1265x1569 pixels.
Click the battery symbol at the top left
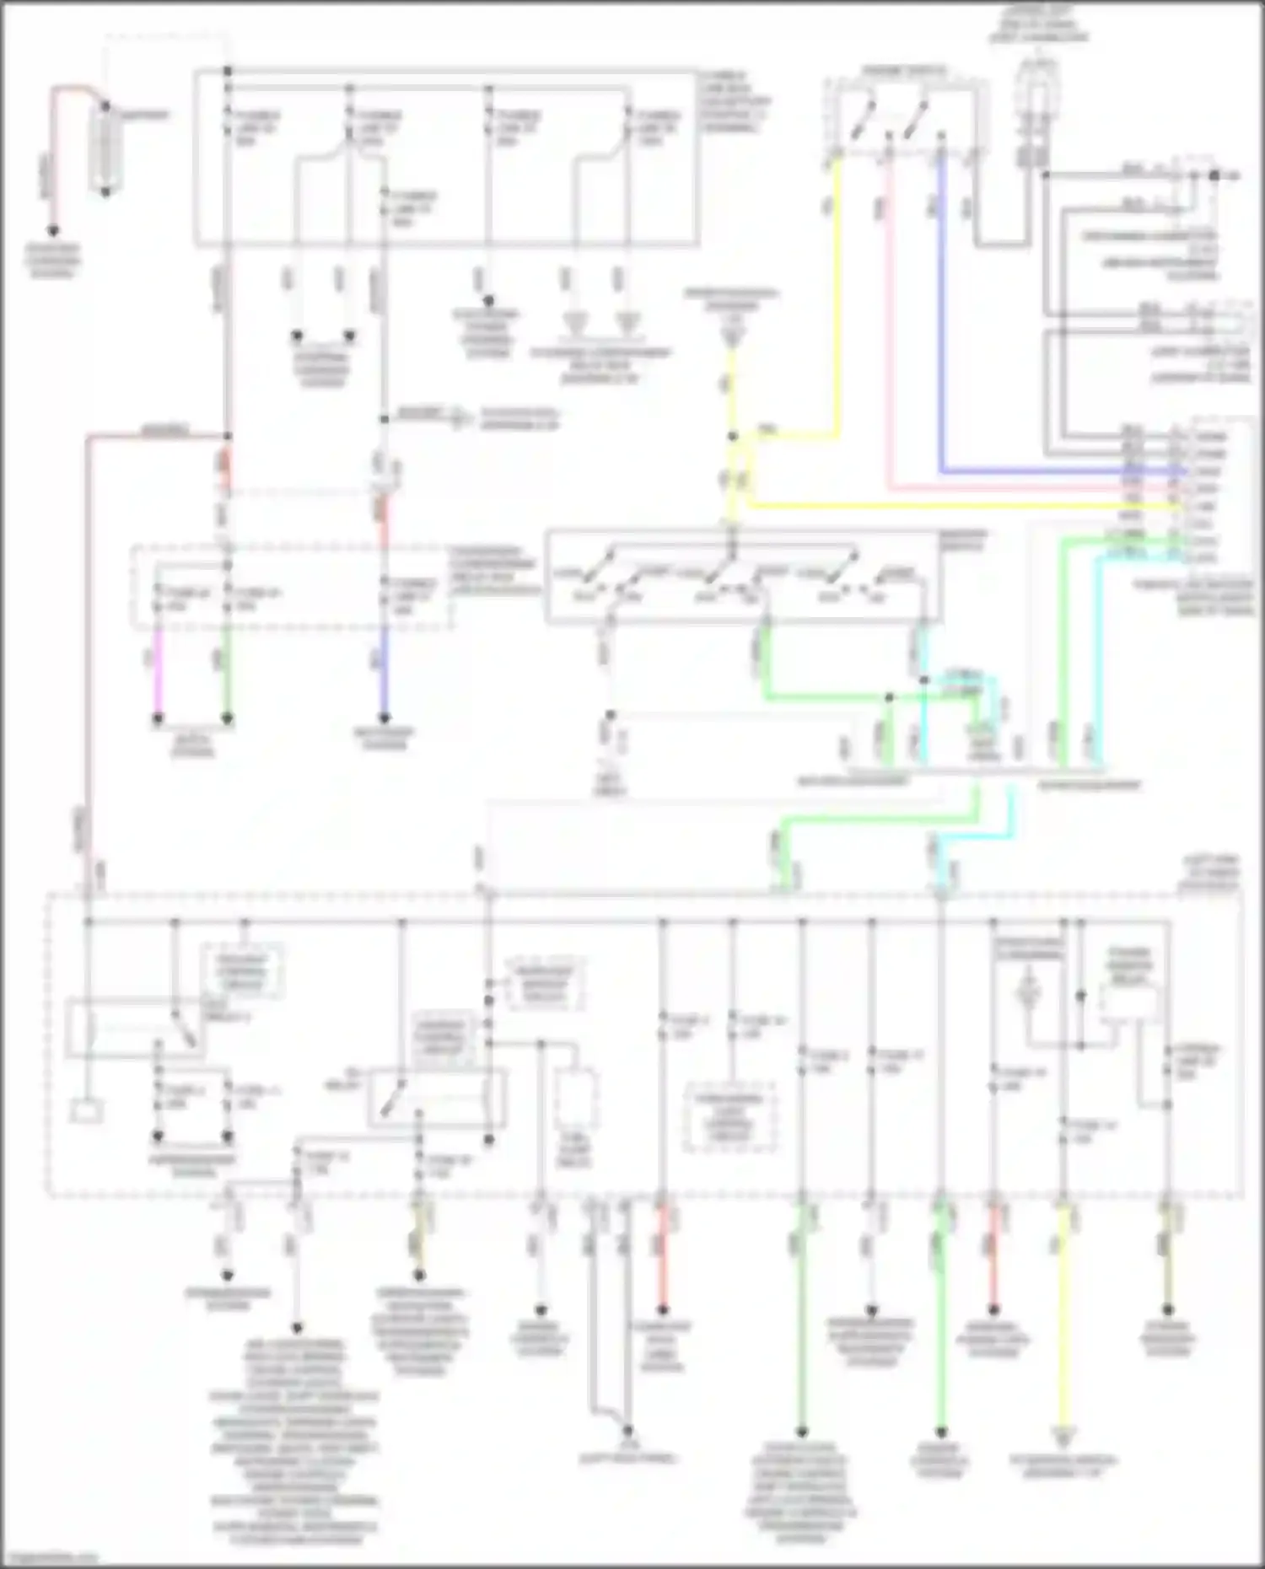tap(105, 149)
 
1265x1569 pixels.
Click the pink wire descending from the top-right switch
tap(888, 320)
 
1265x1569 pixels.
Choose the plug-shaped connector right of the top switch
tap(1033, 110)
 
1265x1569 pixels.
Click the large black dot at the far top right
tap(1214, 175)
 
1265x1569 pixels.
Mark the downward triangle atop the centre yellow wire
tap(732, 338)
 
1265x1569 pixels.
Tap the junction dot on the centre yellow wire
tap(732, 437)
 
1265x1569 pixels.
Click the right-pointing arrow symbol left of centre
tap(459, 417)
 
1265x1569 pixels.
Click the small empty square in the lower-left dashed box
tap(86, 1111)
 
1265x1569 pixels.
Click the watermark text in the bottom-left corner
tap(51, 1560)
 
